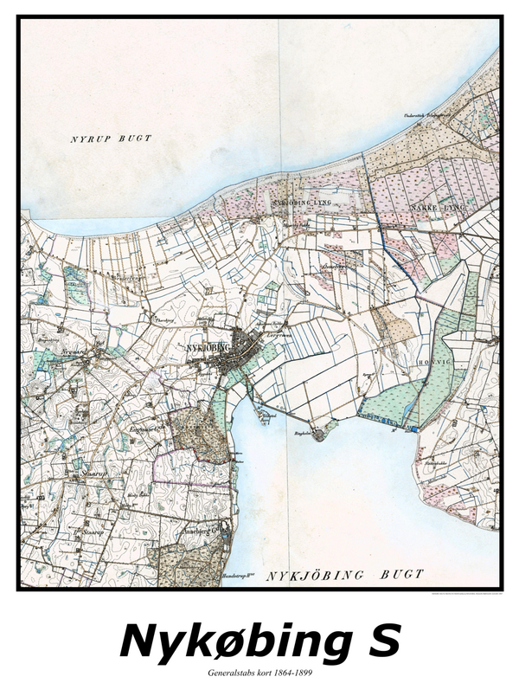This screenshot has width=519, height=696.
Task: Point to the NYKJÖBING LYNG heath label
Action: [301, 203]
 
